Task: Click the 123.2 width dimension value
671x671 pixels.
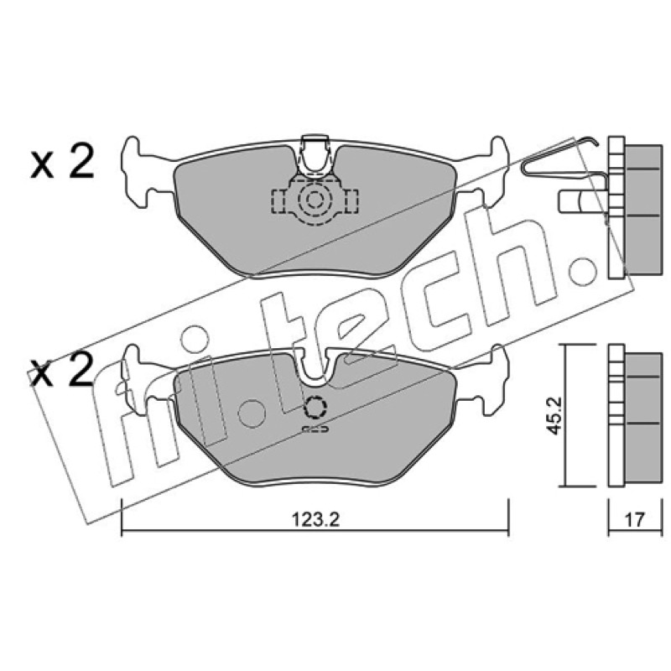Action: (315, 520)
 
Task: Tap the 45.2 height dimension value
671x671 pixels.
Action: (555, 415)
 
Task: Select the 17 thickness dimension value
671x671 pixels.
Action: (634, 520)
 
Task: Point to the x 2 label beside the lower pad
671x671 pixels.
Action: (62, 372)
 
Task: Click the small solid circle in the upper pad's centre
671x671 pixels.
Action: (315, 199)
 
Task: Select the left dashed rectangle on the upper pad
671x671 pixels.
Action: (281, 200)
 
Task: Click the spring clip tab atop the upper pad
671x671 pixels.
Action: (315, 155)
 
